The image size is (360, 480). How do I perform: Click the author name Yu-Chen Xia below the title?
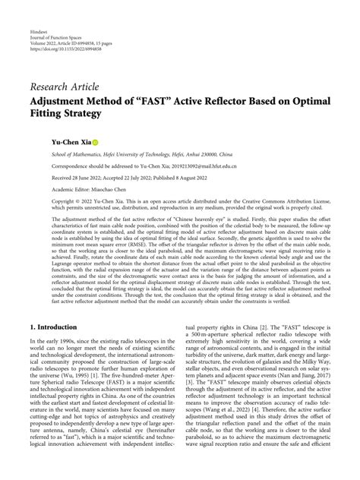pos(48,141)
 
